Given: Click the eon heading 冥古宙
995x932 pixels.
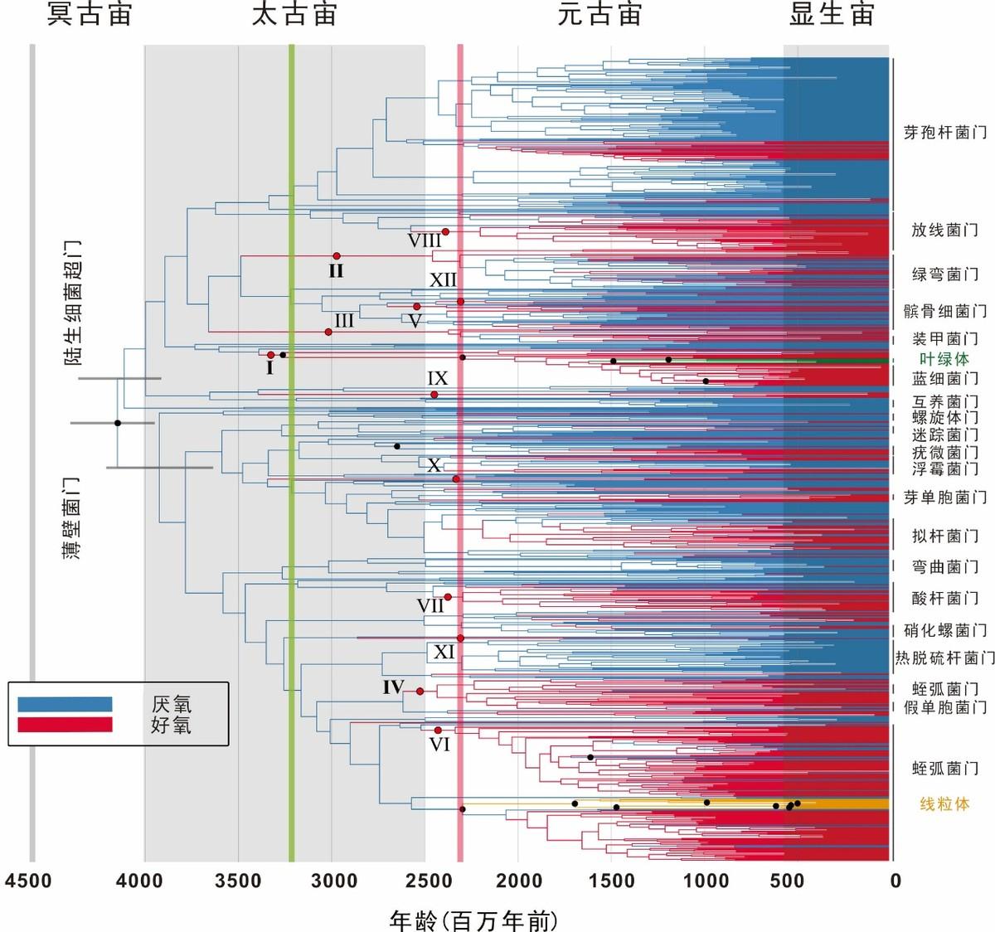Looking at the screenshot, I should tap(90, 15).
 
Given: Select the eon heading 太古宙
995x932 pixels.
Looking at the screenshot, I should tap(294, 15).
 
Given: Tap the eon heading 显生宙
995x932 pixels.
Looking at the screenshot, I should tap(832, 15).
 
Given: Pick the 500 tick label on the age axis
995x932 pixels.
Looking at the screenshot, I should tap(787, 880).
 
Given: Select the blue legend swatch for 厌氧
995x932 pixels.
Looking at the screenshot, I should tap(65, 704).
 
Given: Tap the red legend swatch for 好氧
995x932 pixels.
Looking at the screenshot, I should tap(65, 725).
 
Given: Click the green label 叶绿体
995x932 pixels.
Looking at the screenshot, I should tap(944, 359).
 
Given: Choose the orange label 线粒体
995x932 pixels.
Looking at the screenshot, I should tap(944, 803).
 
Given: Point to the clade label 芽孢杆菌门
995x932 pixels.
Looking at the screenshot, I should tap(944, 133).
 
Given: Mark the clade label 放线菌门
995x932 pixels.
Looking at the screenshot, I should tap(944, 230).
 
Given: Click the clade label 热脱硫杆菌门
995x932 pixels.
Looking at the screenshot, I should tap(944, 658).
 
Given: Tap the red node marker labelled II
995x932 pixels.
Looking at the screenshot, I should tap(337, 256).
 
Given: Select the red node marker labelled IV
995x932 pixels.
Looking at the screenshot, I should tap(420, 692).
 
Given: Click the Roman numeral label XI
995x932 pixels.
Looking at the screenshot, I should tap(444, 653).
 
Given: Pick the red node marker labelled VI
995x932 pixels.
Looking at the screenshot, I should tap(438, 731).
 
